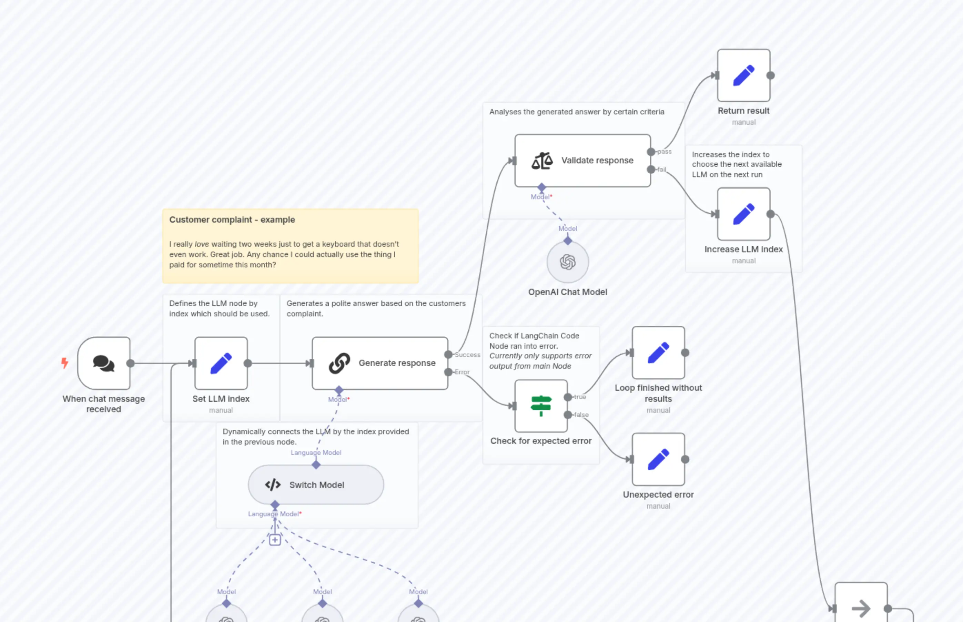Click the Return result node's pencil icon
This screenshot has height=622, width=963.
point(744,75)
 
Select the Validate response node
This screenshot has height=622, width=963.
point(582,161)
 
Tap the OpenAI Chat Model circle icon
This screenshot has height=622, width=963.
point(568,262)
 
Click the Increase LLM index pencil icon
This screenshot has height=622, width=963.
point(744,214)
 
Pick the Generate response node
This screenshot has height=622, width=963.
point(380,363)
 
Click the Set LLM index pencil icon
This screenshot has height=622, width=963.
point(221,363)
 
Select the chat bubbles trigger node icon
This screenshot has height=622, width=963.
point(104,363)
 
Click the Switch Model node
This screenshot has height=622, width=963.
point(316,485)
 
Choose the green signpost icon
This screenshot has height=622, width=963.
point(541,406)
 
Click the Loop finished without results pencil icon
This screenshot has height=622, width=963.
point(658,353)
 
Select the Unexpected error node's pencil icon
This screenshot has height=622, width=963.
point(658,459)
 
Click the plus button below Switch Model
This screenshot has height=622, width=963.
point(275,540)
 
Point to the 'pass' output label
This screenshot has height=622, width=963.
point(665,152)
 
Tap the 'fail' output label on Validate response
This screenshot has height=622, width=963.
point(662,170)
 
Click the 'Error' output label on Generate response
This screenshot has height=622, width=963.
point(462,372)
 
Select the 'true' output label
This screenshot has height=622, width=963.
point(580,397)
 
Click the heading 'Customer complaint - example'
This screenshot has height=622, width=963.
point(232,220)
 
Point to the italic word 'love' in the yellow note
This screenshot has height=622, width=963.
point(202,244)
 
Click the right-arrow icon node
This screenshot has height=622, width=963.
point(861,608)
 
